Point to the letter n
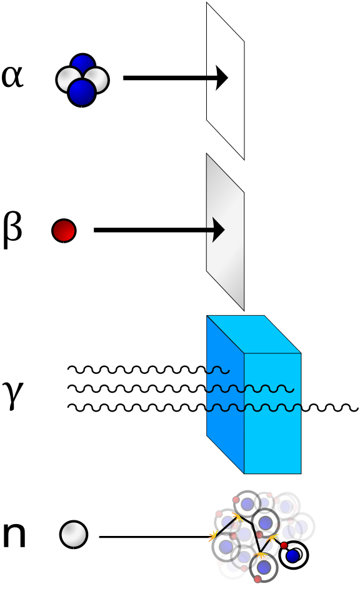click(x=14, y=535)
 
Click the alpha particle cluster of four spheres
click(x=82, y=79)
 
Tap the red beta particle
click(x=64, y=230)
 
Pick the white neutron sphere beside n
click(x=74, y=535)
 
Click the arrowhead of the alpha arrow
click(x=222, y=78)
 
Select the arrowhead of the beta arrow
click(x=218, y=230)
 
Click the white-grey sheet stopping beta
click(x=225, y=250)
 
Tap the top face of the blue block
click(x=253, y=334)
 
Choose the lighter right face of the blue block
click(x=272, y=432)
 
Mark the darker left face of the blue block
click(x=224, y=425)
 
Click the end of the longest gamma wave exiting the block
click(x=356, y=408)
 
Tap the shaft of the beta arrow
click(x=150, y=230)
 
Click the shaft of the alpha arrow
click(x=169, y=78)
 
